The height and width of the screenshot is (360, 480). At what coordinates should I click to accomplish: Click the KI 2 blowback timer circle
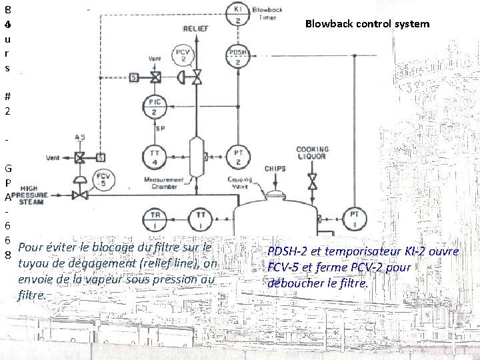click(x=238, y=14)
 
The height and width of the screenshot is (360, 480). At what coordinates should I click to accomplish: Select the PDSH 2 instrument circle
click(x=238, y=56)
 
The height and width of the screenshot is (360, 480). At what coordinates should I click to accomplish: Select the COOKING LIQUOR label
click(x=312, y=153)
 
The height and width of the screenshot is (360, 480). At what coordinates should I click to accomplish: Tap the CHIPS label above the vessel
click(x=275, y=169)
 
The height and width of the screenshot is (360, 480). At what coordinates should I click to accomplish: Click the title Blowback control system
click(x=367, y=25)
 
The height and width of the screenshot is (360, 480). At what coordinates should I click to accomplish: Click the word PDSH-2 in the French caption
click(x=288, y=251)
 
